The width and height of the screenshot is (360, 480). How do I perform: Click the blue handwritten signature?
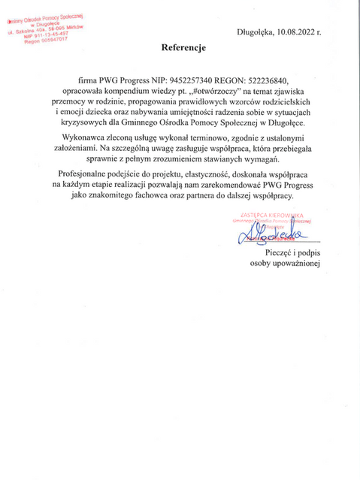tap(268, 237)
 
